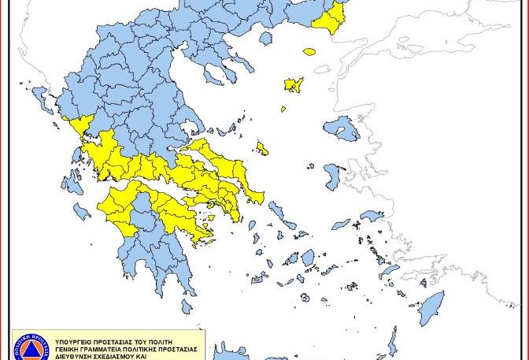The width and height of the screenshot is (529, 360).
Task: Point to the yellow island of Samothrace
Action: click(x=309, y=52)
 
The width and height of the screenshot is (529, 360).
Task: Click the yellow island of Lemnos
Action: click(x=294, y=84)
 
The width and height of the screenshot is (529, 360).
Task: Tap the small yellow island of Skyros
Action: click(x=262, y=148)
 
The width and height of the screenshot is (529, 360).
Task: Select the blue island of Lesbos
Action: click(x=341, y=127)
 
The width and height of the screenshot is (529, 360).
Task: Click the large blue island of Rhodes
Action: click(x=431, y=308)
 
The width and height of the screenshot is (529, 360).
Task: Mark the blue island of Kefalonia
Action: click(x=72, y=183)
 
